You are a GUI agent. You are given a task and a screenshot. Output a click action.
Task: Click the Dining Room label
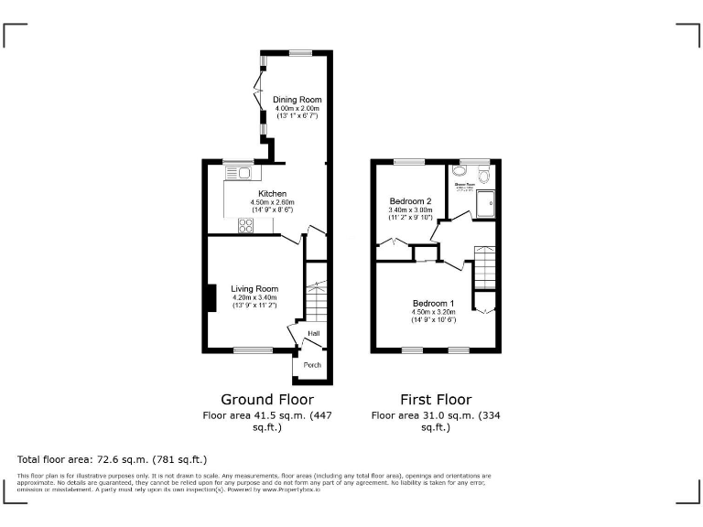297,99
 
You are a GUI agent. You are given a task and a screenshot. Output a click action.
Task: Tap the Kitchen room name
273,194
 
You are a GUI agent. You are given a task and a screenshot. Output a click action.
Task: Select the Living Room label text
254,289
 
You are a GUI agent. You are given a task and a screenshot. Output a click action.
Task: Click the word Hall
314,334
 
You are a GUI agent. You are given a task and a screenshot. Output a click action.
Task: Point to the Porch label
312,365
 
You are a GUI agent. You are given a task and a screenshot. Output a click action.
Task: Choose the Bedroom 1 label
433,303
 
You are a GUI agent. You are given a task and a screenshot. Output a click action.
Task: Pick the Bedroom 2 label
410,201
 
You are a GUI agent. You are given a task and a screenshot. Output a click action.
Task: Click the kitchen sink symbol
244,171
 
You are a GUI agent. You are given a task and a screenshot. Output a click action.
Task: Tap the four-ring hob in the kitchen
246,226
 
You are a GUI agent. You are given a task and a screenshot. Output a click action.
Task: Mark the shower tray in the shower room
486,205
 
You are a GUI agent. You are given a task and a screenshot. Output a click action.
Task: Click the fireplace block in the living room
211,298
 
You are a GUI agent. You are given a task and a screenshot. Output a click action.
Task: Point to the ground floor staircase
315,293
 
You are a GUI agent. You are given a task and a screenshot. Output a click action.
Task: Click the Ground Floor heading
266,400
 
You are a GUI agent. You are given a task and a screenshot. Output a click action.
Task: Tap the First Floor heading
436,400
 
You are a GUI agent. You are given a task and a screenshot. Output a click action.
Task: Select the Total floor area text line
113,458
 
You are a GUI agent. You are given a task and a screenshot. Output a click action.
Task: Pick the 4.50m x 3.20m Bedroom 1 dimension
433,311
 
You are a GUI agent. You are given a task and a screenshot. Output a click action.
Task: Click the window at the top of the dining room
301,53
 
